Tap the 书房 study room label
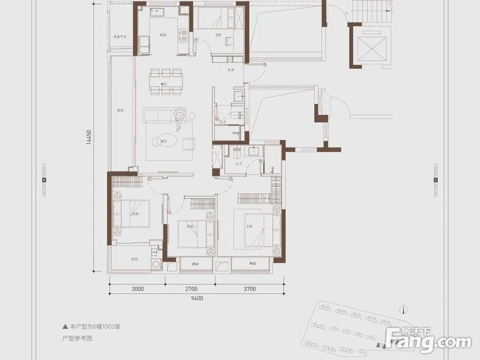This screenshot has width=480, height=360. (x=218, y=35)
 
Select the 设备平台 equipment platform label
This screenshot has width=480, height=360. (x=120, y=36)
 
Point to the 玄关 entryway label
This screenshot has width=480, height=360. (x=230, y=70)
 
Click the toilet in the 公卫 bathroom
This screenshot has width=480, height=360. (x=235, y=116)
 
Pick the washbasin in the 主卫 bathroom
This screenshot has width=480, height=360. (x=253, y=151)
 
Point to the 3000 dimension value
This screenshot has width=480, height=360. (x=137, y=289)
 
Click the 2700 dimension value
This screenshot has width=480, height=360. (x=191, y=289)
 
